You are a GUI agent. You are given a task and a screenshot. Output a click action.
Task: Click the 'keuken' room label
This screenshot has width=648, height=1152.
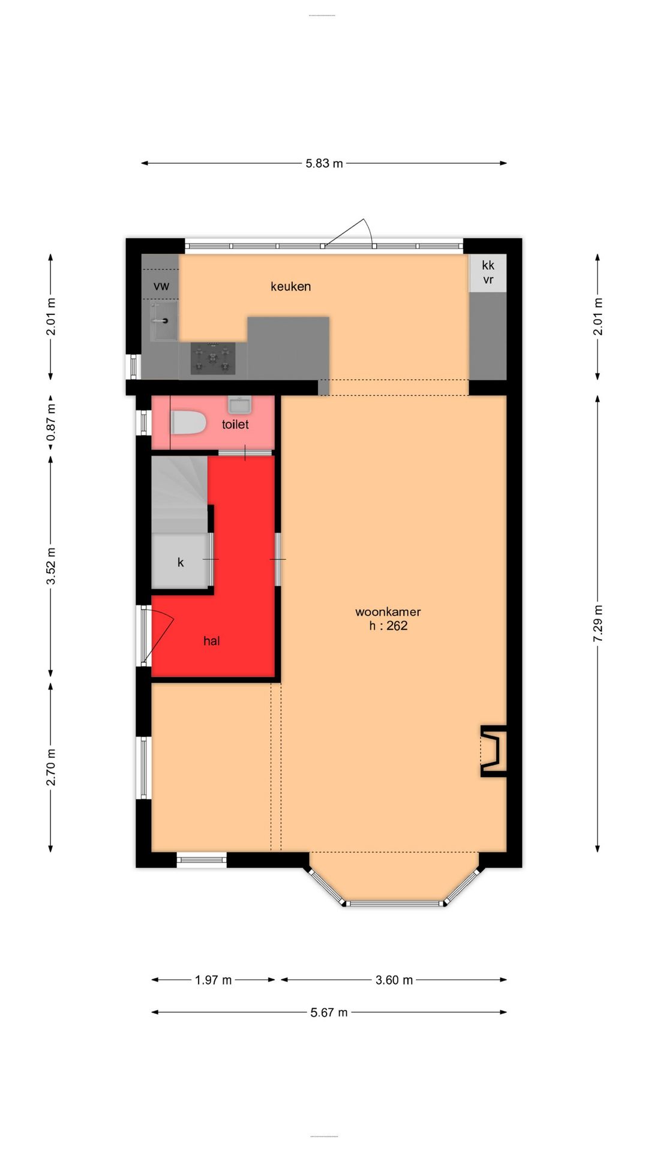point(290,287)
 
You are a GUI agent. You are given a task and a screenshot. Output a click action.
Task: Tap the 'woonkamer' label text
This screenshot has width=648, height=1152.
point(388,612)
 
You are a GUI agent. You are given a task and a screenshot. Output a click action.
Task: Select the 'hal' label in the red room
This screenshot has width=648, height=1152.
point(212,641)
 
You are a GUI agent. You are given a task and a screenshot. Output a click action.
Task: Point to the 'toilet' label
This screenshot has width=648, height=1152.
point(235,424)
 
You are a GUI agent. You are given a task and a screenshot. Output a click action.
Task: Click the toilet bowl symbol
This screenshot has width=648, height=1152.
point(188,422)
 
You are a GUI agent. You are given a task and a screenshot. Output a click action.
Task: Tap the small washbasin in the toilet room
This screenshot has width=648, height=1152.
point(240,404)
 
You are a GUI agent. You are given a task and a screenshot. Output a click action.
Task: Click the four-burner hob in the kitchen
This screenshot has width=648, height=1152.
point(213,359)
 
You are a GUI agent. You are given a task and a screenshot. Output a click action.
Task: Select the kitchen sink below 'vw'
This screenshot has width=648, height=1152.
point(164,320)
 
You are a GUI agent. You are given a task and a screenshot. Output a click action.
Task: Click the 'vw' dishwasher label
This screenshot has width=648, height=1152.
point(161,286)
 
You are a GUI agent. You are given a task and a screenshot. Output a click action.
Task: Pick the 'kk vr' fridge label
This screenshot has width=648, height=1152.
point(488,272)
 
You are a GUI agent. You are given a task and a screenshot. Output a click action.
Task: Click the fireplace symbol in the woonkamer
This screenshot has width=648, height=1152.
point(494,751)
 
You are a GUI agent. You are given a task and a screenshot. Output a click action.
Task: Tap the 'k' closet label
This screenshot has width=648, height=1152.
point(181,562)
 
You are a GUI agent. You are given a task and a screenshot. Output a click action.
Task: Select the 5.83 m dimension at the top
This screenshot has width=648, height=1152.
point(324,163)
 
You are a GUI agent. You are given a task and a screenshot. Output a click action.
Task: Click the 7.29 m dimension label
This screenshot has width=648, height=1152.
point(598,623)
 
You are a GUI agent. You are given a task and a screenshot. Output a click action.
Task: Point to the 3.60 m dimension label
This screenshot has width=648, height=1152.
point(394,980)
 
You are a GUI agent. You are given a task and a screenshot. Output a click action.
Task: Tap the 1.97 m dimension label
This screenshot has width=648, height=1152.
point(213,980)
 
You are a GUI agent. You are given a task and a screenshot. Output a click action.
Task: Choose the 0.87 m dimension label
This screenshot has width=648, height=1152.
point(51,422)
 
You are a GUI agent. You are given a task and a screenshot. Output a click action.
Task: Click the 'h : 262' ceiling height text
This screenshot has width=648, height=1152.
point(388,626)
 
